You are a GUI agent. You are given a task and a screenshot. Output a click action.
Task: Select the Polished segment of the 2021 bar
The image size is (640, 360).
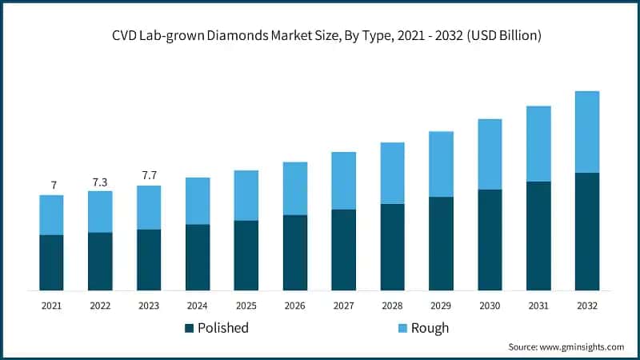(51, 262)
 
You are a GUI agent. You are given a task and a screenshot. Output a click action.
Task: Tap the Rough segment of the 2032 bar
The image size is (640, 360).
(587, 132)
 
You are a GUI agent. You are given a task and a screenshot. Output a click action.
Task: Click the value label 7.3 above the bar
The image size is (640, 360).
(100, 182)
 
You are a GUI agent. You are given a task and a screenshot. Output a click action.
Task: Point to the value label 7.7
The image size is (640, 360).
(149, 175)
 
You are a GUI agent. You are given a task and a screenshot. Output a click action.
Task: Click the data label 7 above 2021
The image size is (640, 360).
(54, 186)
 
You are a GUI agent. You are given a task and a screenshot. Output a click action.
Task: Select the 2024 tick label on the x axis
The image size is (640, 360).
(197, 305)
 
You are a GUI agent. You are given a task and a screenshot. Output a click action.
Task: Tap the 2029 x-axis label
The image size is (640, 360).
(441, 305)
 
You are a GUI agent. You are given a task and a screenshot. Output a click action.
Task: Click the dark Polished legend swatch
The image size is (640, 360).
(190, 328)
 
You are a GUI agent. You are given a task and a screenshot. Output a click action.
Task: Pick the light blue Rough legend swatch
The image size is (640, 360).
(402, 328)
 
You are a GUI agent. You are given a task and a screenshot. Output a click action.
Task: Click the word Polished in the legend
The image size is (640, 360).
(223, 328)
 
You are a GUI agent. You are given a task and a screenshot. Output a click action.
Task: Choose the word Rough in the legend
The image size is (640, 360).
(430, 328)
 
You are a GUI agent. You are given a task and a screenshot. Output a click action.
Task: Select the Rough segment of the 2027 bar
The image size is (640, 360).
(343, 181)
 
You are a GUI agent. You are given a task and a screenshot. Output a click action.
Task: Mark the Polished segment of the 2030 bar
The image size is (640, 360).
(490, 240)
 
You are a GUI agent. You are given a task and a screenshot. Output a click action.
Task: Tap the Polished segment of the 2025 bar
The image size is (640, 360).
(246, 255)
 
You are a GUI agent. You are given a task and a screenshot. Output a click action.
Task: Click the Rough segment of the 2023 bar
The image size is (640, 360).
(149, 208)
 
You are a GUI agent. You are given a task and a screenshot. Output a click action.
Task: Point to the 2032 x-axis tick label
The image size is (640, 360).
(587, 305)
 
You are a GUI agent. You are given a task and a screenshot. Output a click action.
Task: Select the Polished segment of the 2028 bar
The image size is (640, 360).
(392, 247)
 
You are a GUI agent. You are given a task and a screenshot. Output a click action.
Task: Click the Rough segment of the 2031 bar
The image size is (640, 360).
(538, 144)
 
